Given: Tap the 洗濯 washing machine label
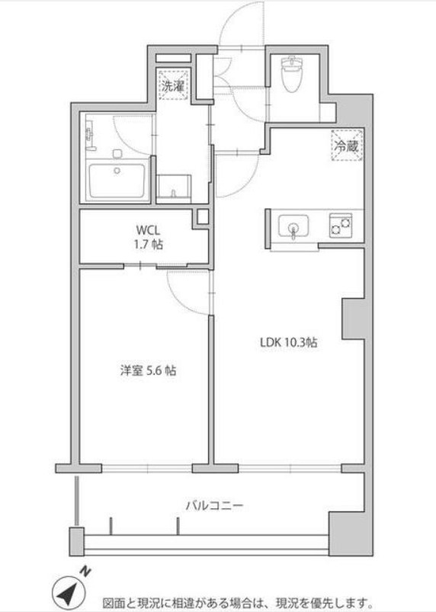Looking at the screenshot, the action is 173,86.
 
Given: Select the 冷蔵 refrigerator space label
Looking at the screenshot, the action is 346,146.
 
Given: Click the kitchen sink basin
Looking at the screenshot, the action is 293,226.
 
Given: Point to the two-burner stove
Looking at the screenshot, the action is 341,225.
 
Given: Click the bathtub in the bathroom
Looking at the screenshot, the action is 117,181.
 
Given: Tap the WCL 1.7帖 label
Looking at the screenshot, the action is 149,236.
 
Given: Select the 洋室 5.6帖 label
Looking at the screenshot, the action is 148,370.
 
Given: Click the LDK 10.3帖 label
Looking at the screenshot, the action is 288,342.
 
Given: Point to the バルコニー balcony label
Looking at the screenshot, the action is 214,506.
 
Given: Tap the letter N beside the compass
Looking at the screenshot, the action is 85,572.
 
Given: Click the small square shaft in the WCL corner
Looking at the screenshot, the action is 203,217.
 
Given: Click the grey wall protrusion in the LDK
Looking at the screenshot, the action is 354,319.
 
